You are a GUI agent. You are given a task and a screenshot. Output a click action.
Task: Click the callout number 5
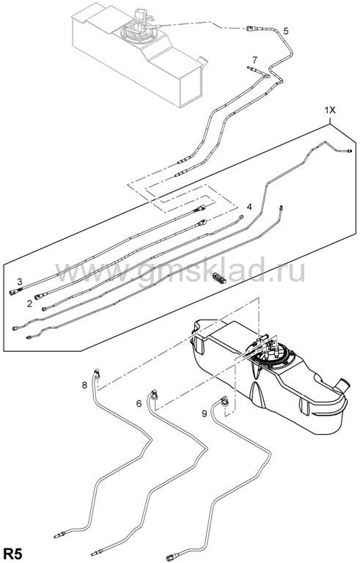(x=286, y=32)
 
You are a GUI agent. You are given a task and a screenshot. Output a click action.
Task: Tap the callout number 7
(x=254, y=59)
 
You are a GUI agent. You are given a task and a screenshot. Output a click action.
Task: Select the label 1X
(x=330, y=111)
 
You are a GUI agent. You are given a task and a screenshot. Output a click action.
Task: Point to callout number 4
(x=249, y=207)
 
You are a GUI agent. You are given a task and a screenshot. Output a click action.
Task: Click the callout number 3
(x=20, y=281)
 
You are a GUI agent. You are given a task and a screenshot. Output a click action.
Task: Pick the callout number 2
(x=29, y=303)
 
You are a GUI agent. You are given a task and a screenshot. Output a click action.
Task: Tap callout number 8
(x=85, y=386)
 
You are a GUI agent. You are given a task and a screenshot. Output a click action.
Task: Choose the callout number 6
(x=139, y=404)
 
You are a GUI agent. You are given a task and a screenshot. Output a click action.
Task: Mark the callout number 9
(x=205, y=414)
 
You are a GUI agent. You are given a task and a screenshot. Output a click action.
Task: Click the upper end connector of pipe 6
(x=155, y=394)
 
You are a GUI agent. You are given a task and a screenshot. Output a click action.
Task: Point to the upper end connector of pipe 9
(x=224, y=400)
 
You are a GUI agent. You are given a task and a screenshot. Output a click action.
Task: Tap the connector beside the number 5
(x=251, y=29)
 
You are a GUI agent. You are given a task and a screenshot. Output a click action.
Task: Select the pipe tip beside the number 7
(x=251, y=68)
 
